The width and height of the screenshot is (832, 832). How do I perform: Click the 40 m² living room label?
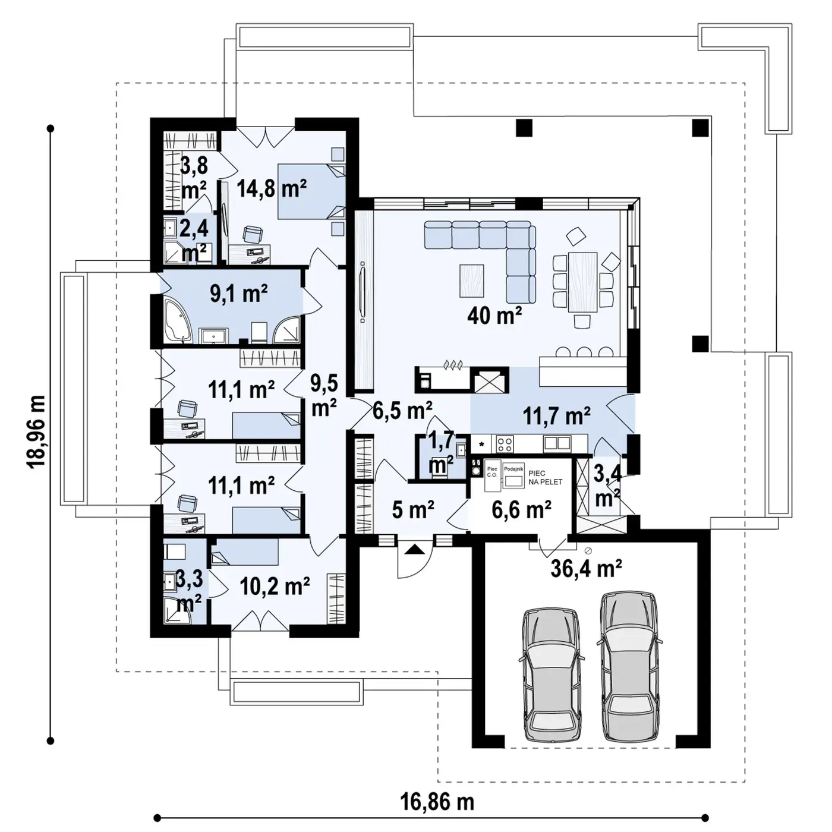click(494, 316)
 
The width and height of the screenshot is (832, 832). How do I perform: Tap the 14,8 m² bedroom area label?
click(272, 188)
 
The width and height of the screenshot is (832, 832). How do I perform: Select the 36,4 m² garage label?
click(586, 568)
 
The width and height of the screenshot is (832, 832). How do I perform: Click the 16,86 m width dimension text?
click(437, 790)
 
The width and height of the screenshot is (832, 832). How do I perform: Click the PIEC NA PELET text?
click(546, 478)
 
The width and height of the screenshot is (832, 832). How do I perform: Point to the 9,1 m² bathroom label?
click(238, 294)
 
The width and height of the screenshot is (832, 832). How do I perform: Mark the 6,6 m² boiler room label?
click(521, 509)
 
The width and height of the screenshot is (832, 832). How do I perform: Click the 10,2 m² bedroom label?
click(274, 586)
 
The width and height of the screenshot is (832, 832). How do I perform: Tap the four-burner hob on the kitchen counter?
click(505, 443)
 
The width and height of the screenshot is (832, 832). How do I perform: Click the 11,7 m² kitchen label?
click(556, 416)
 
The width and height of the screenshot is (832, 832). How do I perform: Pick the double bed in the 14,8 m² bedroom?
click(311, 191)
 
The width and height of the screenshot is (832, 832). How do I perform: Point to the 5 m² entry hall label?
click(413, 509)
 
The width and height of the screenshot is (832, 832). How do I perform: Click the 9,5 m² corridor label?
click(324, 395)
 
